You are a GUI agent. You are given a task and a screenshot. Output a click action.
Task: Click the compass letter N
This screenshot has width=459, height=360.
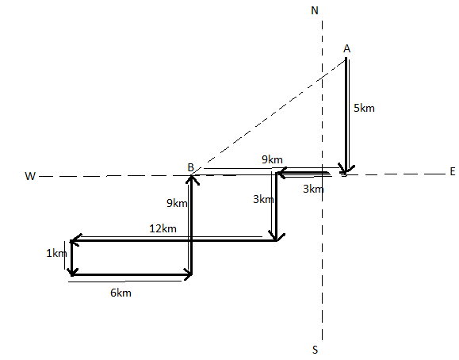[315, 10]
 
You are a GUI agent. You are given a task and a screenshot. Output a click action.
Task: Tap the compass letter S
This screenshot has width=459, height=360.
[315, 350]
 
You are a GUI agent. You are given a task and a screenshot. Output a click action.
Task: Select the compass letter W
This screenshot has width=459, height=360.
[30, 176]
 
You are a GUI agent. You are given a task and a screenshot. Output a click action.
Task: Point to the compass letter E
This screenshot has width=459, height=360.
[453, 171]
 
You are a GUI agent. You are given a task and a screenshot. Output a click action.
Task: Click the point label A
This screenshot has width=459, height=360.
[347, 48]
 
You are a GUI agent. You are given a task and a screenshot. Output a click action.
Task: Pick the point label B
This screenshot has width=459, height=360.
[190, 167]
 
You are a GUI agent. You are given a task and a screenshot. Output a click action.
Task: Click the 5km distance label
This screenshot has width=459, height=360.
[364, 108]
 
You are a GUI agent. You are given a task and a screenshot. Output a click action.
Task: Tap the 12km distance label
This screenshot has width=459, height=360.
[163, 228]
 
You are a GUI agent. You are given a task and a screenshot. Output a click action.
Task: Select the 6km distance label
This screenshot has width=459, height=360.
[120, 293]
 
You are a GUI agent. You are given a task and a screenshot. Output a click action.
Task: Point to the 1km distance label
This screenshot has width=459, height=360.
[57, 254]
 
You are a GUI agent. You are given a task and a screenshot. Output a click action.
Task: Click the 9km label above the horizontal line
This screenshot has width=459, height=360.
[272, 159]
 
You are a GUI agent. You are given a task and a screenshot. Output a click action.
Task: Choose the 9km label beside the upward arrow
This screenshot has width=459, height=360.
[177, 203]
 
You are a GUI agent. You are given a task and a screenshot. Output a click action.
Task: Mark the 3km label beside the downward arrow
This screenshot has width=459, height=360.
[263, 200]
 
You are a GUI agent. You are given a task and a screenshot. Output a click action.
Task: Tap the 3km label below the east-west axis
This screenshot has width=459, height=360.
[313, 189]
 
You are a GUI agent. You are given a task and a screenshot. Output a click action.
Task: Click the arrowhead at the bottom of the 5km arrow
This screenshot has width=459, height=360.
[346, 170]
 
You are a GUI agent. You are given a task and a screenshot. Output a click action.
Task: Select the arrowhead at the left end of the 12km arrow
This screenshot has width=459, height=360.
[75, 240]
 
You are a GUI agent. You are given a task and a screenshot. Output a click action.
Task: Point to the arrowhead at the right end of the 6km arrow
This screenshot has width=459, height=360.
[188, 274]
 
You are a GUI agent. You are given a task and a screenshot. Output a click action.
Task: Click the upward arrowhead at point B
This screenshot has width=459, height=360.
[191, 179]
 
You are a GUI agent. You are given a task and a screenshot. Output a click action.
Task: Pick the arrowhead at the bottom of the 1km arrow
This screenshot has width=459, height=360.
[71, 271]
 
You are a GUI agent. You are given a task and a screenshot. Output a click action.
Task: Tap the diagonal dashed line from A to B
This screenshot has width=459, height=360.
[269, 117]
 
